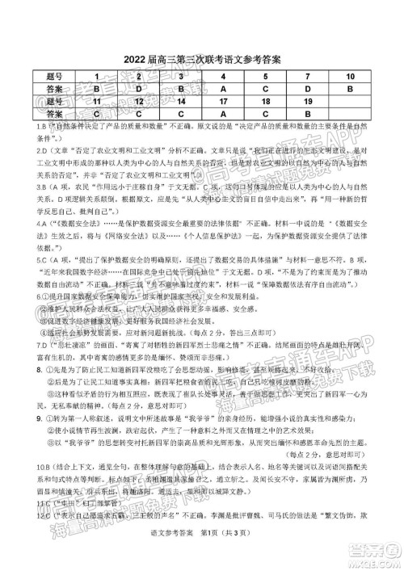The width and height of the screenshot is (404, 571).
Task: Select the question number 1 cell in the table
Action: click(96, 76)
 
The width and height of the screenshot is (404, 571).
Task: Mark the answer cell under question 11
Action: click(96, 115)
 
